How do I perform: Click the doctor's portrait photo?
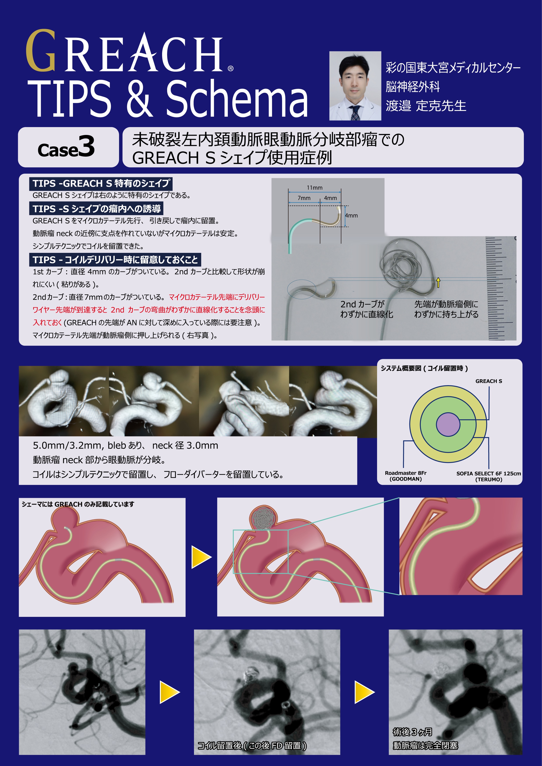(x=355, y=86)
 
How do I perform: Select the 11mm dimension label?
(x=314, y=188)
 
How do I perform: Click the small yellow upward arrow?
(x=438, y=283)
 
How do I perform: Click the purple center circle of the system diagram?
(x=448, y=424)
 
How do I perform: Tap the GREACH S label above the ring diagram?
(x=489, y=381)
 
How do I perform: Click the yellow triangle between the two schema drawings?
(x=201, y=557)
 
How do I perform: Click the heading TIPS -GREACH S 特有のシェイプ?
(x=101, y=183)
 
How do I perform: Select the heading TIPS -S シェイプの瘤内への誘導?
(x=97, y=209)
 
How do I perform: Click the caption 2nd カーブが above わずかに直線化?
(x=362, y=304)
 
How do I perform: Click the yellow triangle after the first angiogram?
(x=170, y=692)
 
